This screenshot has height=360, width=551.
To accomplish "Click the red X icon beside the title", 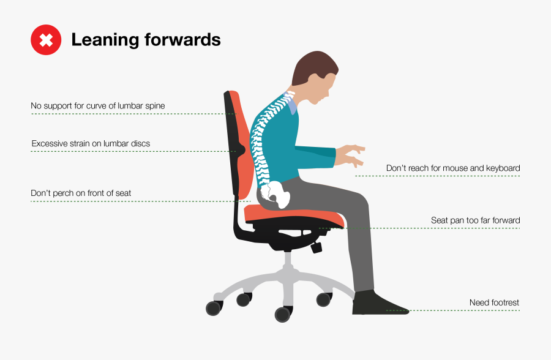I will [x=46, y=40].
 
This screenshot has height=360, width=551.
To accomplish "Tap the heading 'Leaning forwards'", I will [x=146, y=40].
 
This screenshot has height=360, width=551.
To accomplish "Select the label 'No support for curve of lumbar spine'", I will [x=98, y=106].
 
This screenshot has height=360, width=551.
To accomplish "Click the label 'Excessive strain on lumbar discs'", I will [x=91, y=144].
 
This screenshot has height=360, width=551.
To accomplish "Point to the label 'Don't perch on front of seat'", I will [x=81, y=193].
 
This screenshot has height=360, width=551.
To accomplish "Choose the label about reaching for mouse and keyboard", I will [x=453, y=168].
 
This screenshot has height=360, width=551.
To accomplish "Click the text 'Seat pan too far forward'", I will [x=476, y=220].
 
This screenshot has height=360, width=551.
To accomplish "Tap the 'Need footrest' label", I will [x=494, y=302].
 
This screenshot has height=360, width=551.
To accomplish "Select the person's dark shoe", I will [x=377, y=303].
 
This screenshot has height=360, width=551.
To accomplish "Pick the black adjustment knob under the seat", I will [x=316, y=247].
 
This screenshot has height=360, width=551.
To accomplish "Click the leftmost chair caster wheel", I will [x=214, y=307].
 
